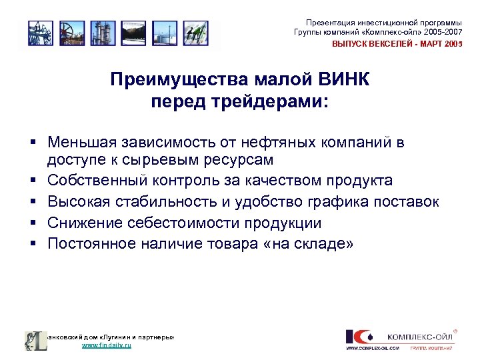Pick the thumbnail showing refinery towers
click(x=103, y=33)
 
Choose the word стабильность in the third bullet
click(x=159, y=202)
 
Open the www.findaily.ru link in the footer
click(x=107, y=346)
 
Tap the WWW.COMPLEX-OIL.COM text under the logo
click(x=372, y=348)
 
